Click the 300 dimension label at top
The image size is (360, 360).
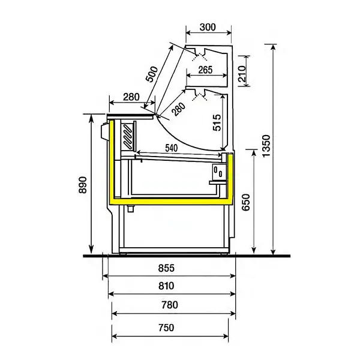[208, 27]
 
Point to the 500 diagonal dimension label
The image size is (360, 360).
[154, 75]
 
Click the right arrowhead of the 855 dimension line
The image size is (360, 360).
[233, 276]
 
